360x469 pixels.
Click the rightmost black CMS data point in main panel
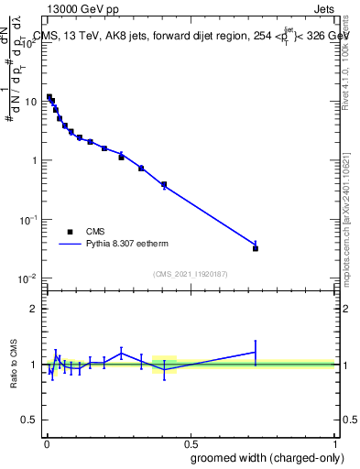click(x=256, y=248)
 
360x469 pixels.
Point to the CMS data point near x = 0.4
click(x=164, y=185)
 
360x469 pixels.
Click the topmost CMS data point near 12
click(x=49, y=96)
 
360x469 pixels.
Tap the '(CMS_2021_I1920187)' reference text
click(x=191, y=273)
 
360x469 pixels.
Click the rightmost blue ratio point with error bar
click(x=256, y=352)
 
